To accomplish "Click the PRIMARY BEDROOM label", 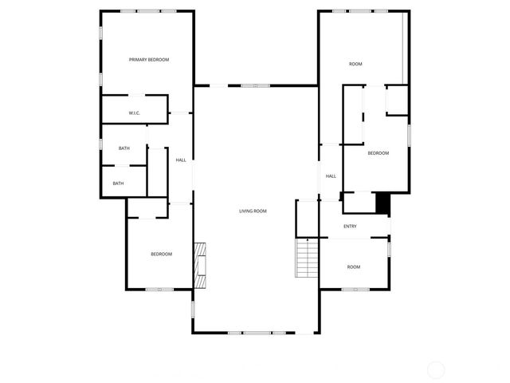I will click(149, 60).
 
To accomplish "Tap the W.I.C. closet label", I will click(134, 113).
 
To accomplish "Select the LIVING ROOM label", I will click(253, 211).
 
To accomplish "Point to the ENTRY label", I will click(350, 227).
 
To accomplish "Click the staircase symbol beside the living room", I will click(307, 257).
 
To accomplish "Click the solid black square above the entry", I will click(383, 203).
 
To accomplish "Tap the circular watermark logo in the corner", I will click(436, 369).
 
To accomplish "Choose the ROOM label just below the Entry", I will click(353, 267).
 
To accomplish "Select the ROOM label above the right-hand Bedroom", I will click(355, 64).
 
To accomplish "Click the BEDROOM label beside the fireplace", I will click(162, 254).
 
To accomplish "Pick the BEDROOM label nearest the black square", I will click(378, 153).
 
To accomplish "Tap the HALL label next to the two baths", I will click(181, 160).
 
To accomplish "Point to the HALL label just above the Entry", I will click(331, 176).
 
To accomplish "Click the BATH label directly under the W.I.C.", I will click(124, 148).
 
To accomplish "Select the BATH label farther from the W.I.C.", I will click(118, 184).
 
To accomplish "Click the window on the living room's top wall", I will click(255, 85).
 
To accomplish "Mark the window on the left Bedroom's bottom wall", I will click(159, 289).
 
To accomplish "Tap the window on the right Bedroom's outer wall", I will click(410, 134).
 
